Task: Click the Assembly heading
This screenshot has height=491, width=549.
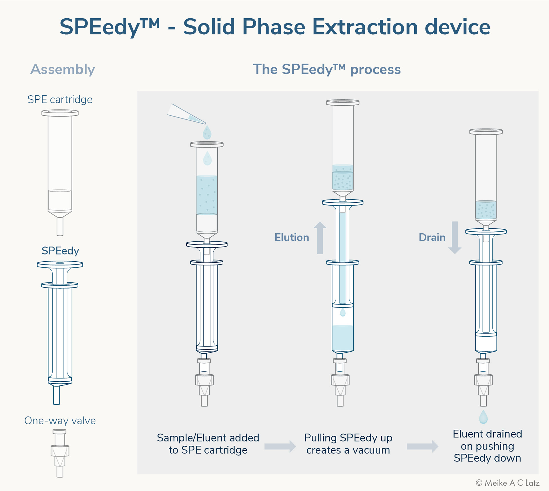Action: click(x=63, y=69)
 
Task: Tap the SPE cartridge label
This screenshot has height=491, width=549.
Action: click(x=60, y=99)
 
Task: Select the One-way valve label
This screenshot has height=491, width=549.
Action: click(x=60, y=421)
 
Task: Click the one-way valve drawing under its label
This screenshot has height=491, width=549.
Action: click(x=60, y=453)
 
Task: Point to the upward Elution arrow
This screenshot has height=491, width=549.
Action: click(x=320, y=238)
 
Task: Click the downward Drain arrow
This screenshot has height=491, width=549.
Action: click(x=455, y=238)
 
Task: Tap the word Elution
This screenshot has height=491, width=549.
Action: click(x=292, y=238)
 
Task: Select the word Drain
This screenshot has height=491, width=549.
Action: click(x=432, y=238)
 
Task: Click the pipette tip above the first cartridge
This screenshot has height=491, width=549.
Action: click(x=186, y=114)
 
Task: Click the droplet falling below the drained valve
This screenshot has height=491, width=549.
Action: click(x=483, y=417)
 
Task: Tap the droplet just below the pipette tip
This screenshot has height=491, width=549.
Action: click(x=207, y=133)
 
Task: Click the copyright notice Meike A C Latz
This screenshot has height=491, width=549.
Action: click(x=508, y=483)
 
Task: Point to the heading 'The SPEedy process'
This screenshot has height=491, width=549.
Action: click(x=327, y=69)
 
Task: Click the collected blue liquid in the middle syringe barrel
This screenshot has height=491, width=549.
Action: click(x=343, y=338)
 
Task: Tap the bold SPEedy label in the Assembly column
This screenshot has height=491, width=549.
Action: click(x=60, y=251)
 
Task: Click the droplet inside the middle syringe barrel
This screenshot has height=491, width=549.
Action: click(x=343, y=312)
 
